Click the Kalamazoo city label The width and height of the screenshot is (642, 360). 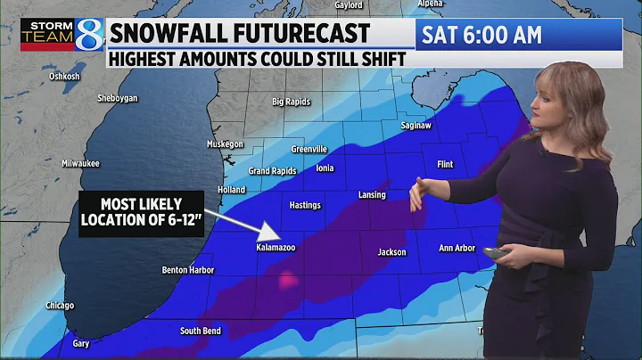click(275, 248)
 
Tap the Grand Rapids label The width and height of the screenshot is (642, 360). click(271, 170)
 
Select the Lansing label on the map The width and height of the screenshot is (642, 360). click(372, 195)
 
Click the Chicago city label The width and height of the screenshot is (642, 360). click(61, 305)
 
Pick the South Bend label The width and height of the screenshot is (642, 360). click(201, 331)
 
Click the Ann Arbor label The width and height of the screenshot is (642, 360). click(458, 249)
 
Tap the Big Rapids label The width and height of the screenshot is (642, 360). click(292, 102)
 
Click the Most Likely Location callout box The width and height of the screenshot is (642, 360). click(142, 212)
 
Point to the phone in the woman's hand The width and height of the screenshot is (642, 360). click(496, 254)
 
